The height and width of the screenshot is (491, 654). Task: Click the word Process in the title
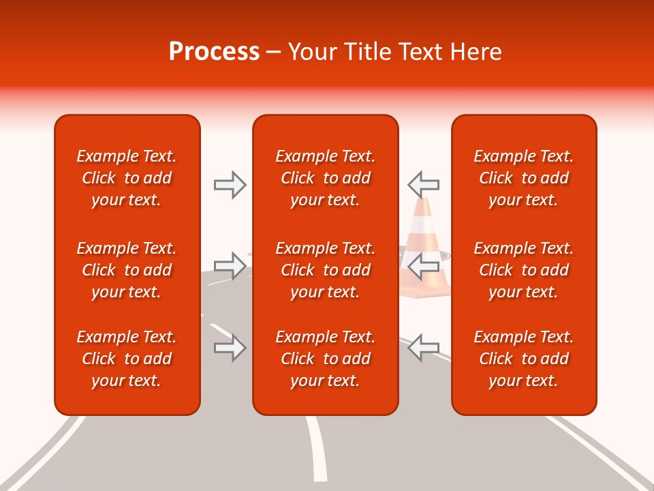214,52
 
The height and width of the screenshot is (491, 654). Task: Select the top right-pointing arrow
230,184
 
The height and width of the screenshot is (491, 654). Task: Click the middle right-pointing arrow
230,265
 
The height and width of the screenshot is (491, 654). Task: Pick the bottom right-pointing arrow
230,347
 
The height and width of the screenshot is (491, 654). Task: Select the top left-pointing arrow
423,184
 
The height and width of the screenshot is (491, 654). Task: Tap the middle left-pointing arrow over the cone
423,265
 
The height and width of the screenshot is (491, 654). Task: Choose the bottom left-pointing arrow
423,347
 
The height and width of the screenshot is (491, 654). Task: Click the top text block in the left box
127,178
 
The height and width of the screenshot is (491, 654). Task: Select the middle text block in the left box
127,270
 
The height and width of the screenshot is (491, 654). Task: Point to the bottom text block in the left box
127,359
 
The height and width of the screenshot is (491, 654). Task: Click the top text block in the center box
325,178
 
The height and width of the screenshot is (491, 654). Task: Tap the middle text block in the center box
325,270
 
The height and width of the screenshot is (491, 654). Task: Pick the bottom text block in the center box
325,359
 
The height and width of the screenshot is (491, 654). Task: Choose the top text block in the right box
523,178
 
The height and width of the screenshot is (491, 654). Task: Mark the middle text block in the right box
523,270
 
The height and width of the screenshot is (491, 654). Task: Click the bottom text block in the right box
523,359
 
